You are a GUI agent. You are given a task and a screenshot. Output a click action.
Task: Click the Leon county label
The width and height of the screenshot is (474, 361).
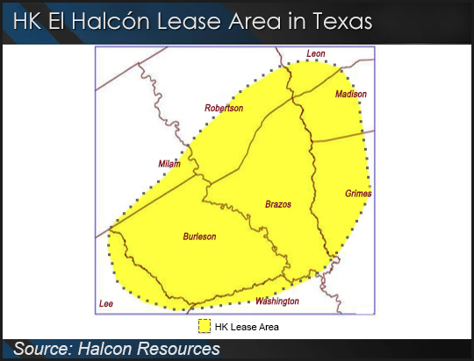(x=315, y=54)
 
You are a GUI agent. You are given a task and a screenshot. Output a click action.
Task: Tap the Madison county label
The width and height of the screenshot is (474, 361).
(x=351, y=94)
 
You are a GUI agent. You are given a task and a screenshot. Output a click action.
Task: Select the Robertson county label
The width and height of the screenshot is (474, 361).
(x=224, y=108)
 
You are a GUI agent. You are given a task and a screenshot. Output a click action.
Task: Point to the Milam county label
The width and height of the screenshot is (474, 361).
(x=169, y=164)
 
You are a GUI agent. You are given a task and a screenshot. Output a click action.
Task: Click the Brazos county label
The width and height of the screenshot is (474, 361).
(x=277, y=204)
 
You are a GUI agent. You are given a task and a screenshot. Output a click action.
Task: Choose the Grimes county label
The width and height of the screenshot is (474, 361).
(x=358, y=193)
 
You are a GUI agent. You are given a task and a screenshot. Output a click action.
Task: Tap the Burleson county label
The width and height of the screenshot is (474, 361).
(x=199, y=237)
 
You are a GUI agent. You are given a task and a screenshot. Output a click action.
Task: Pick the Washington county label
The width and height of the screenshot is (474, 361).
(x=276, y=301)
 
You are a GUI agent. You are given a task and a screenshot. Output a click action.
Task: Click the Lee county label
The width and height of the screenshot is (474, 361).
(x=106, y=303)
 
